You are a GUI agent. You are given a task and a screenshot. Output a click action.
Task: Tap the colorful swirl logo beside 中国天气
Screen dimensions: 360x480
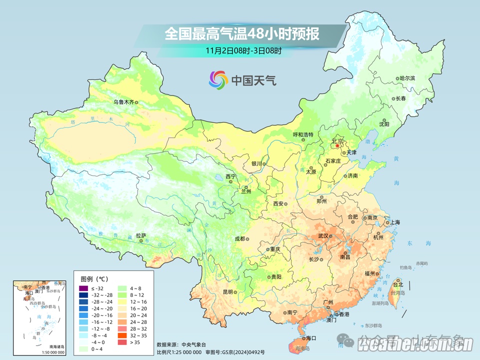[218, 79]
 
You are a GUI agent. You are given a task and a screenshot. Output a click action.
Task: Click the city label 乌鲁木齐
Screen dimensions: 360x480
[123, 102]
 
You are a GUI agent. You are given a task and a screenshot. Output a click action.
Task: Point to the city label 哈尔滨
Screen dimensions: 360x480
[407, 78]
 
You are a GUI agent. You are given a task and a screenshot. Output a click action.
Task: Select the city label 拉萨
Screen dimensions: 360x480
[141, 235]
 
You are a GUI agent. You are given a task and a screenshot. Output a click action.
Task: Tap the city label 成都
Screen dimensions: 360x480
[239, 238]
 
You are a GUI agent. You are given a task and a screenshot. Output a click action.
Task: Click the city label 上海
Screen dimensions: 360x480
[395, 222]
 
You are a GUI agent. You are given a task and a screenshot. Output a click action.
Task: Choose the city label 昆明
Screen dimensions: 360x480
[227, 292]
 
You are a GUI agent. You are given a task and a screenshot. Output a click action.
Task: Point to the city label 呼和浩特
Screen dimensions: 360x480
[302, 134]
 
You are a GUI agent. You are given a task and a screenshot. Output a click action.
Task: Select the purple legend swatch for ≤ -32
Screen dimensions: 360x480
[83, 288]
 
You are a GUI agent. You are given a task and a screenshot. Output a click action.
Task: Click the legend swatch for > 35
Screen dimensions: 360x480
[122, 342]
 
